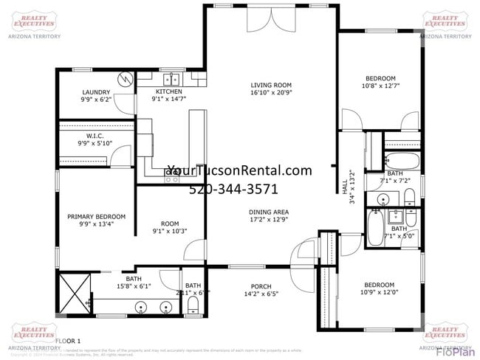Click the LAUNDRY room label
click(x=96, y=92)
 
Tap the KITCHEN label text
click(x=168, y=91)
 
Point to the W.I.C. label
click(x=95, y=136)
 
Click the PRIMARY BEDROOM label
click(x=96, y=216)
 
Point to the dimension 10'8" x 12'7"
click(x=381, y=86)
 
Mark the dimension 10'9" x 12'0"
click(x=378, y=293)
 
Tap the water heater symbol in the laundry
click(x=126, y=77)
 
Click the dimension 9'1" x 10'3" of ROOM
click(x=170, y=231)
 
